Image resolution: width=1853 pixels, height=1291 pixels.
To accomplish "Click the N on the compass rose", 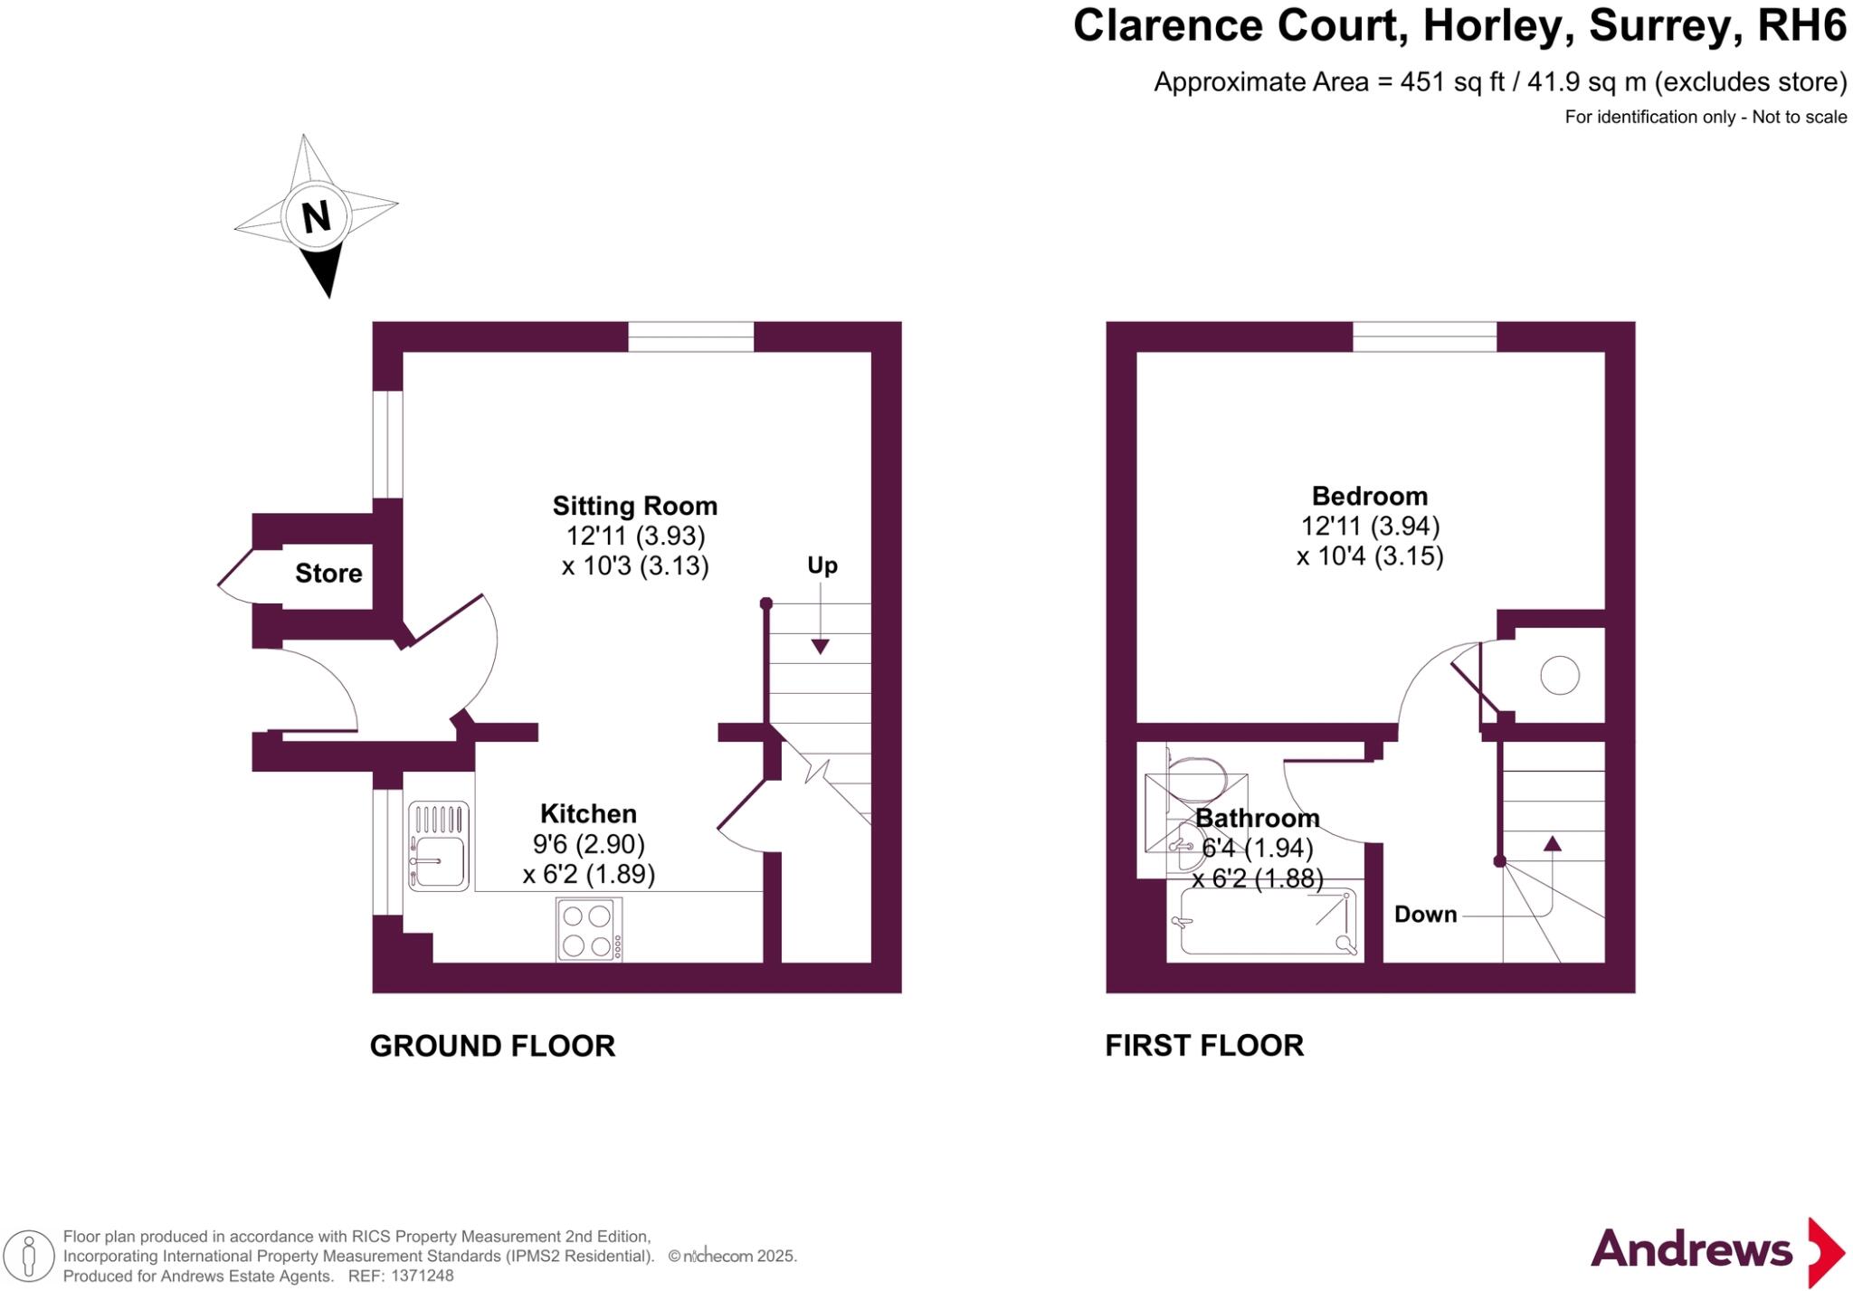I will coord(316,217).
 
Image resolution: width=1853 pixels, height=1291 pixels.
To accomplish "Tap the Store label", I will coord(328,573).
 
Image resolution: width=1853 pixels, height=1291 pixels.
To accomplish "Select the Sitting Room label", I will coord(634,505).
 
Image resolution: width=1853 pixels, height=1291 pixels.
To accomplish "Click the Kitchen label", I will coord(588,812).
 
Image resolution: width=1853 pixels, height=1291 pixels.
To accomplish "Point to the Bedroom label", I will coord(1369,496).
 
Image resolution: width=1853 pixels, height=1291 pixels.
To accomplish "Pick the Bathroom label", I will coord(1257,818).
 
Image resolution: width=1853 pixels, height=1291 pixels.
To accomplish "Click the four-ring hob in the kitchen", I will coord(588,929).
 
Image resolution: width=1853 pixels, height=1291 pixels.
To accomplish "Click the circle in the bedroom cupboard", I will coord(1560,675).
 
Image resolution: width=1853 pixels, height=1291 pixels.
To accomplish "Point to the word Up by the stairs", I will coord(822,565).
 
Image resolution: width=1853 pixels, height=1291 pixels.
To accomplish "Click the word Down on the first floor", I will coord(1425,914).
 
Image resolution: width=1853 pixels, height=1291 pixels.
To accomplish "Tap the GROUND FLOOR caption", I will coord(492,1046).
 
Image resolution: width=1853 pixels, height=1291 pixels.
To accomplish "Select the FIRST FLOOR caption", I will coord(1203,1046).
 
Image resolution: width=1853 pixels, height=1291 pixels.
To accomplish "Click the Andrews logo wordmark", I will coord(1690,1249).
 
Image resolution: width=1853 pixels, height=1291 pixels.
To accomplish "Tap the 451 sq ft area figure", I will coord(1452,82).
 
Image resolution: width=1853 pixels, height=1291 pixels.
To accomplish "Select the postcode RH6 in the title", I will coord(1801,25).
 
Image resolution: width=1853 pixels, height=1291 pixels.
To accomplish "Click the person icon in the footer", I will coord(29,1257).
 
